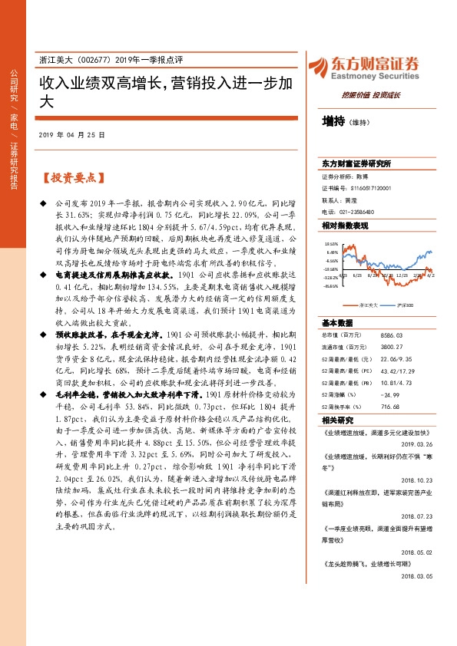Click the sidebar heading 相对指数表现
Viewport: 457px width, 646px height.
pyautogui.click(x=346, y=226)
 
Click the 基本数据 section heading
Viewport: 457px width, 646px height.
pyautogui.click(x=337, y=301)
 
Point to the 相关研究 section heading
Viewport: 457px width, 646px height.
pyautogui.click(x=337, y=398)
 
